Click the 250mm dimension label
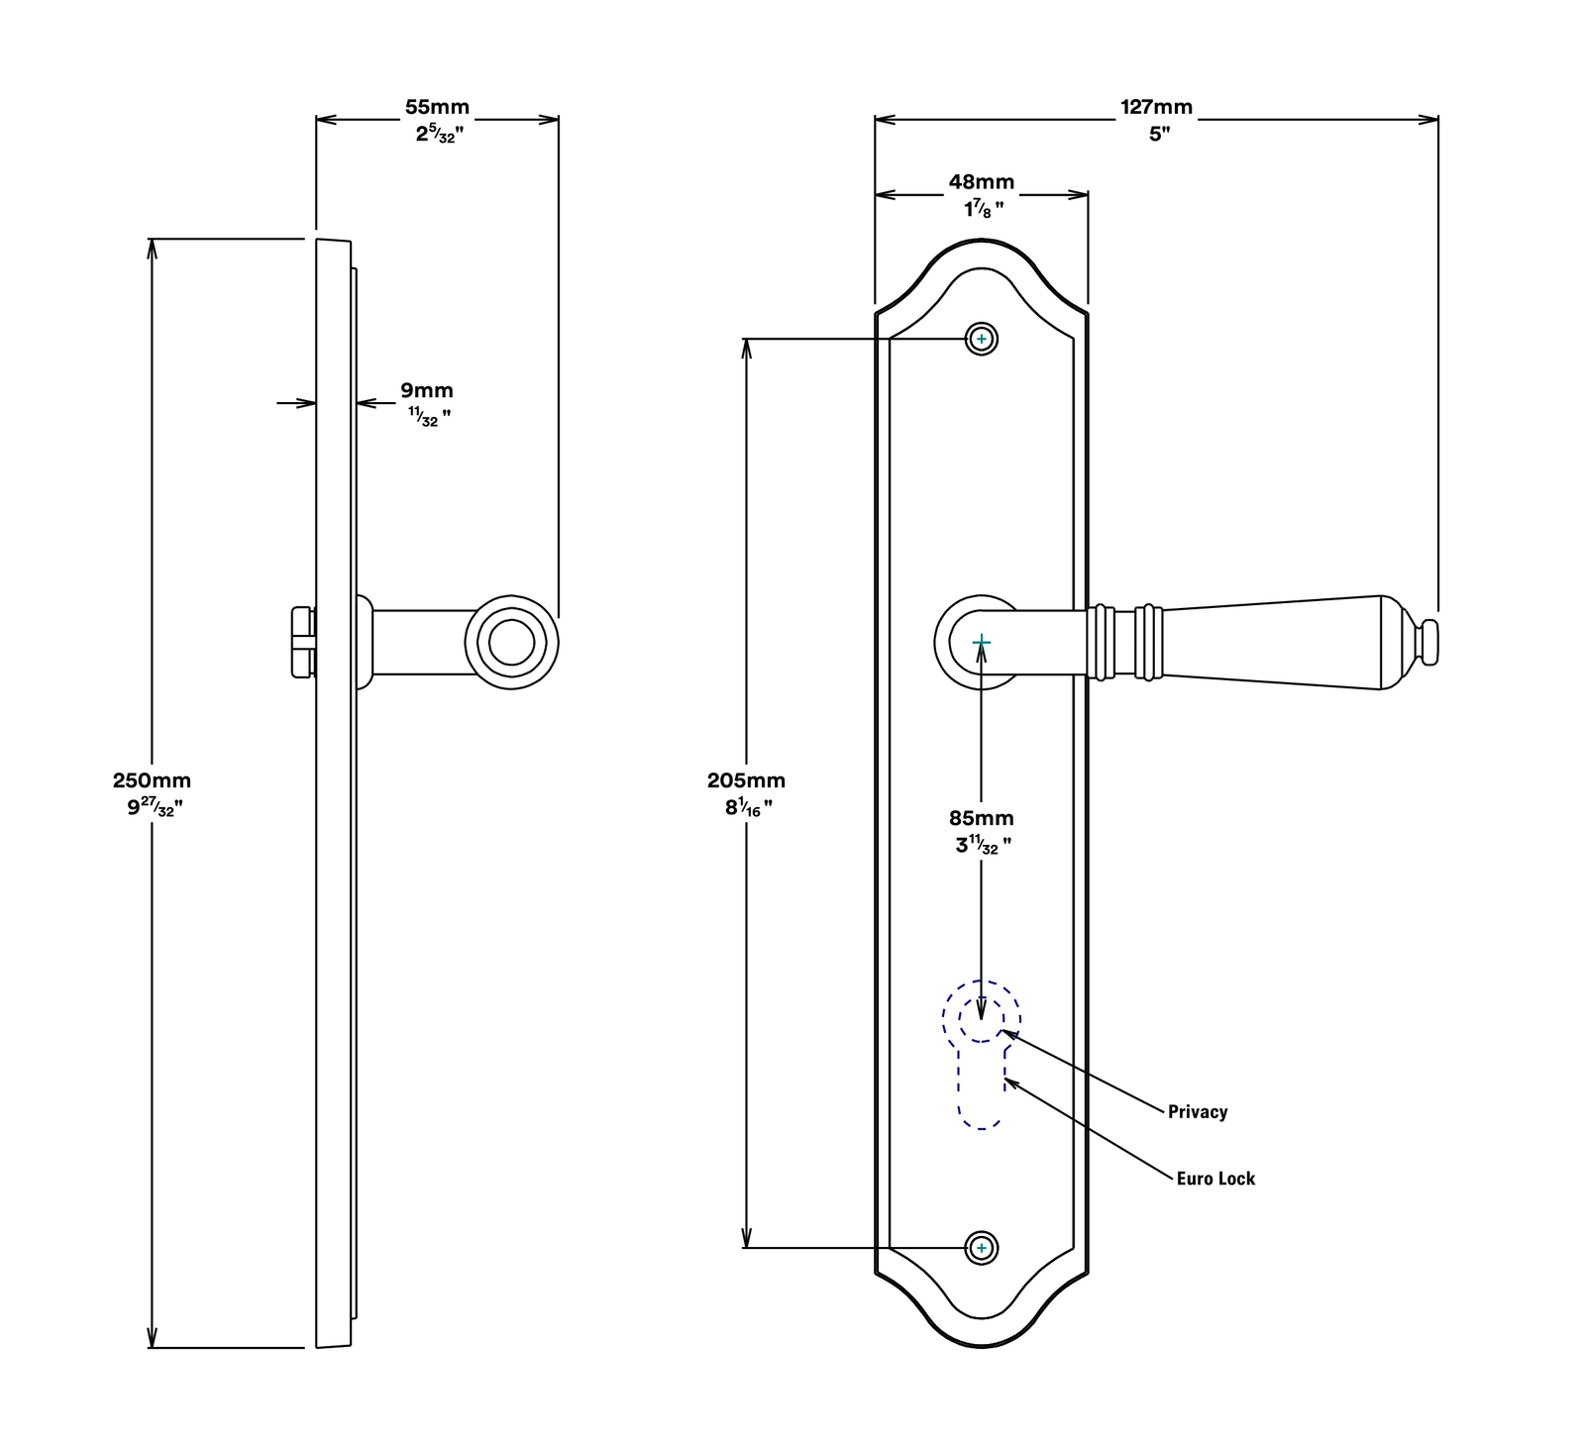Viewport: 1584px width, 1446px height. point(152,780)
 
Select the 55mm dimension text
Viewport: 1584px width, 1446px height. point(437,107)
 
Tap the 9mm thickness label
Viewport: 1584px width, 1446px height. point(427,390)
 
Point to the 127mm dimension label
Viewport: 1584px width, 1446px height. point(1156,107)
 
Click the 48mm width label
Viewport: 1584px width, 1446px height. point(982,182)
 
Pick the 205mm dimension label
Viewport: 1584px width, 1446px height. point(746,780)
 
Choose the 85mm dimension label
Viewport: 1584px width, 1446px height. point(982,818)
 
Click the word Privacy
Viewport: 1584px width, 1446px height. point(1198,1112)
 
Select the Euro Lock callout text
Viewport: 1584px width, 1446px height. point(1215,1179)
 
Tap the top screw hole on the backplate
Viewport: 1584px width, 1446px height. point(982,339)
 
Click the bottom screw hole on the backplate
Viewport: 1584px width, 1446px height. point(982,1248)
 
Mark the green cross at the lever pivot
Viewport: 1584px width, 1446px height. point(982,643)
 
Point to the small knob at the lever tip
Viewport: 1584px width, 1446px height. point(1427,642)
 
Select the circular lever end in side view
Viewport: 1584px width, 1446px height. point(512,643)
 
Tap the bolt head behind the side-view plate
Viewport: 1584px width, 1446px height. point(303,643)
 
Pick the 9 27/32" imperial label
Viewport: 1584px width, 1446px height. point(155,807)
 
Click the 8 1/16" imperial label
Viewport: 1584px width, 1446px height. point(749,807)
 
